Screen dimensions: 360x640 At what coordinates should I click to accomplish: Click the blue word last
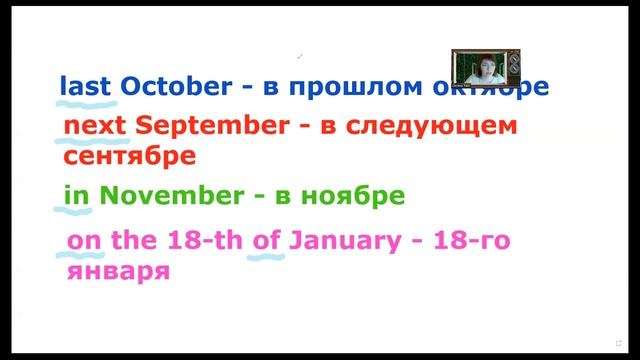click(86, 86)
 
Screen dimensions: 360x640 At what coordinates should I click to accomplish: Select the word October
click(175, 86)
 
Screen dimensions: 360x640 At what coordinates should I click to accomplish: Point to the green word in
click(76, 196)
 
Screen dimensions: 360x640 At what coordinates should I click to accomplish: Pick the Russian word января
click(116, 270)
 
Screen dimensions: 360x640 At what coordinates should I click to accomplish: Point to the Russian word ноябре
click(356, 196)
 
